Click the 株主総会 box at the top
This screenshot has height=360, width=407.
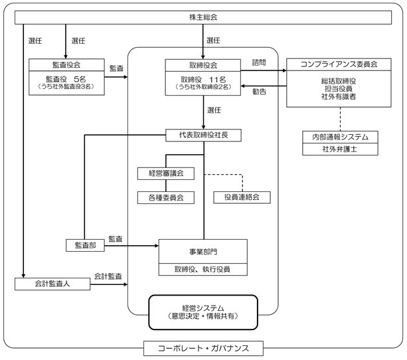(x=203, y=17)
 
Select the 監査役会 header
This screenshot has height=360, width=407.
(x=66, y=64)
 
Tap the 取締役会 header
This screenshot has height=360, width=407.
(x=203, y=65)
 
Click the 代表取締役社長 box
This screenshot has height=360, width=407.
(x=203, y=135)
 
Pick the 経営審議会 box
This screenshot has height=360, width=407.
(x=166, y=173)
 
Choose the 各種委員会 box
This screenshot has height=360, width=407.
(x=166, y=198)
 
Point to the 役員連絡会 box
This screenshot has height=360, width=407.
(x=242, y=197)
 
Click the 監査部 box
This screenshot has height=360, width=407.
(x=85, y=246)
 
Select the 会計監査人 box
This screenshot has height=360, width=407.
(x=52, y=284)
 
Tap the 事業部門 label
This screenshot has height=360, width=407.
(x=203, y=252)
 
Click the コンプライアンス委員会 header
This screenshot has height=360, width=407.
(x=339, y=64)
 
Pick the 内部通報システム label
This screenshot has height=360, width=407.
(x=340, y=137)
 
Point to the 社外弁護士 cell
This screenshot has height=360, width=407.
(x=340, y=149)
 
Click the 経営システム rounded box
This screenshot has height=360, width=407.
(x=203, y=312)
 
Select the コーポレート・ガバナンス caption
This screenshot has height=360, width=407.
(x=203, y=348)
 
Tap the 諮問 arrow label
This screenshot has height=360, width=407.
(x=259, y=62)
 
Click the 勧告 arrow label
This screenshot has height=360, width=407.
(x=260, y=92)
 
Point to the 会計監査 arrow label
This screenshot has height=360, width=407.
(x=108, y=276)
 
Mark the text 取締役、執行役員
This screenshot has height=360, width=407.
(x=203, y=270)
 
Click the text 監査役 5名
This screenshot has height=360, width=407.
(x=66, y=79)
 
